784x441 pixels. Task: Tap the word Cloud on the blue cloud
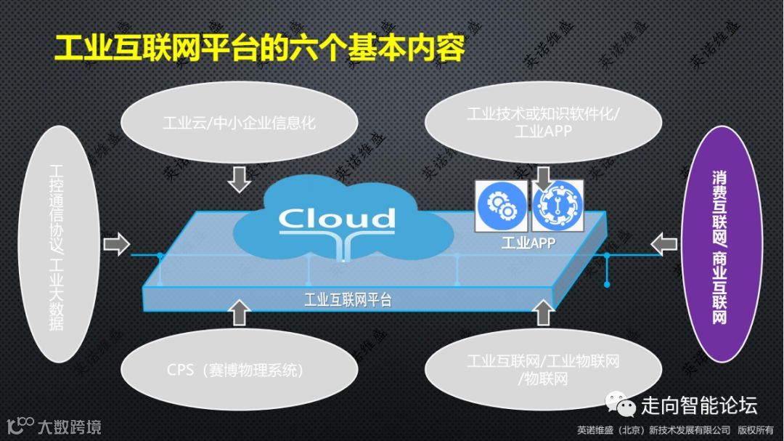tap(338, 218)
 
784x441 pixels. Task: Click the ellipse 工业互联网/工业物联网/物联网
tap(543, 369)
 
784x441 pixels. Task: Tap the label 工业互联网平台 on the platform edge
tap(348, 299)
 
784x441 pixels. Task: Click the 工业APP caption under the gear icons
tap(528, 243)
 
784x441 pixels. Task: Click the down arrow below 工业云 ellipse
tap(238, 179)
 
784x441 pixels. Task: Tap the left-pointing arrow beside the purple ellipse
tap(663, 243)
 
